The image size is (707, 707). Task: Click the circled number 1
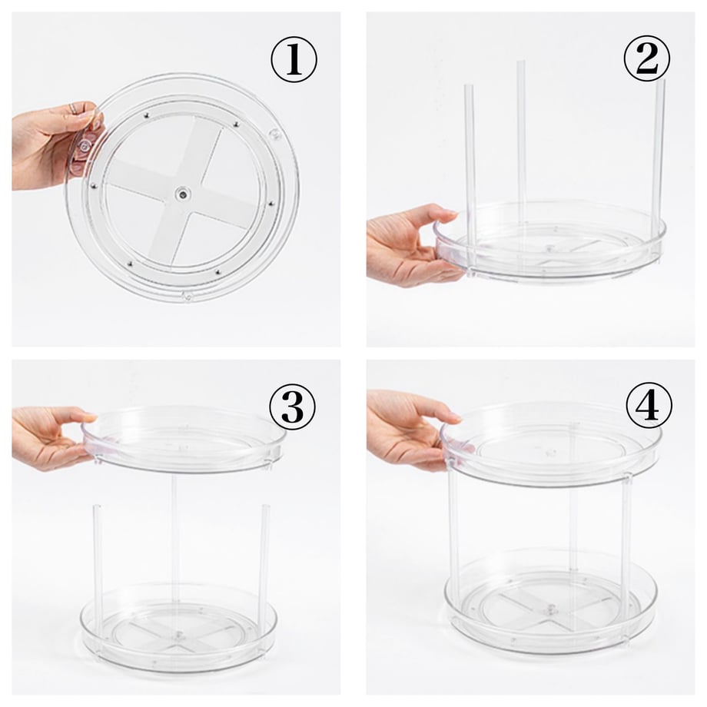[x=294, y=59]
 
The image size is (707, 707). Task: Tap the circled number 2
[x=647, y=58]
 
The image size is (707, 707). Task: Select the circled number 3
[x=293, y=407]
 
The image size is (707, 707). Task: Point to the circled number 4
[x=649, y=405]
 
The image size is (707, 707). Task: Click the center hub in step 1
[x=183, y=194]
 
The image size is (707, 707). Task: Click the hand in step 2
[x=410, y=245]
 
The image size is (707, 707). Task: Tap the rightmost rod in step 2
[x=659, y=169]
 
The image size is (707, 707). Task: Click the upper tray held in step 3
[x=184, y=438]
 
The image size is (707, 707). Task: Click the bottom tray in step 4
[x=550, y=602]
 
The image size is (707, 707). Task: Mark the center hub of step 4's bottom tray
[x=550, y=610]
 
